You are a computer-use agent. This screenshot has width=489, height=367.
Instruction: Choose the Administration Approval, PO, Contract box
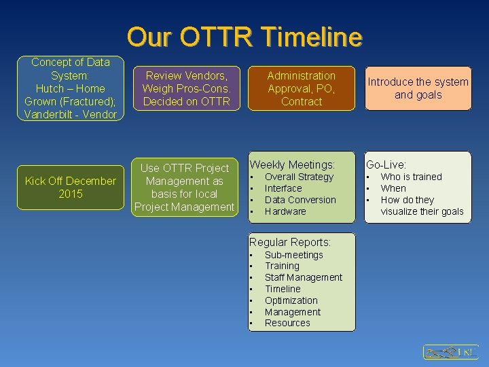tap(301, 88)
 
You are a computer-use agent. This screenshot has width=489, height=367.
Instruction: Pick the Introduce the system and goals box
tap(418, 88)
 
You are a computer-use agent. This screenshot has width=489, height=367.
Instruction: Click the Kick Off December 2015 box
tap(71, 187)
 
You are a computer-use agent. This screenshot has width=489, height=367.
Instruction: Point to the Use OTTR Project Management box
tap(185, 187)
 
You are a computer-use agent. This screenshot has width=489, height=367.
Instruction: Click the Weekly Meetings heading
tap(292, 164)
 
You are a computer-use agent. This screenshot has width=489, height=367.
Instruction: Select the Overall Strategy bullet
tap(299, 177)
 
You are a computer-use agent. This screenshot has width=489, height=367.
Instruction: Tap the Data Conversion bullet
tap(300, 200)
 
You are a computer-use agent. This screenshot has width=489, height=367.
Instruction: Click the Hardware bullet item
tap(285, 211)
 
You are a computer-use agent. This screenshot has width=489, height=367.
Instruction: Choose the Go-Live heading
tap(386, 164)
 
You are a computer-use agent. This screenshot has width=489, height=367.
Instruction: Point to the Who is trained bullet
tap(411, 177)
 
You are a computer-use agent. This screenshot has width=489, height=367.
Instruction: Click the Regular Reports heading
tap(290, 242)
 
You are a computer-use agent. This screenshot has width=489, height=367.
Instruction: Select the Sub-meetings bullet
tap(293, 255)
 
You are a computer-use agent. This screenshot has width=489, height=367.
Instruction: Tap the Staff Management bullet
tap(303, 277)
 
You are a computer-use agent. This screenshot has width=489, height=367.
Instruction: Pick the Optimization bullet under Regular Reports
tap(291, 300)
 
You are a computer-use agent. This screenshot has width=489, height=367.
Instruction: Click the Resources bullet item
tap(287, 323)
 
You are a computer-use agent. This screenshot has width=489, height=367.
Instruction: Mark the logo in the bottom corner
tap(450, 351)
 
